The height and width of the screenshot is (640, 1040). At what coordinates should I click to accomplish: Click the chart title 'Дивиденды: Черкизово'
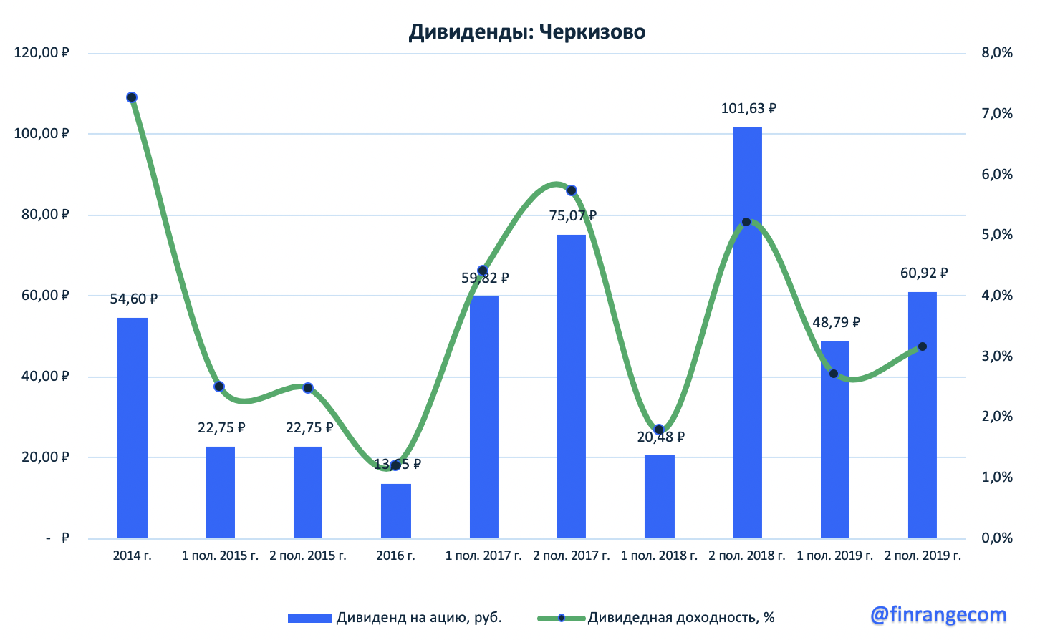click(526, 32)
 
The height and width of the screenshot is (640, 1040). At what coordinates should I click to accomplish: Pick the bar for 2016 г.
click(396, 511)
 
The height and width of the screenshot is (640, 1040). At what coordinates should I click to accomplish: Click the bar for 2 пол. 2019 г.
click(922, 415)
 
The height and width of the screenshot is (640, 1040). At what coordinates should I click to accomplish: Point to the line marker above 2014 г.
click(132, 97)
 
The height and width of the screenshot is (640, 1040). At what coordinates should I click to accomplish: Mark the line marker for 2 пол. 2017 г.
click(572, 190)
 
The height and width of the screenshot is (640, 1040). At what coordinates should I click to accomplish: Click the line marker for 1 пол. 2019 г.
click(834, 374)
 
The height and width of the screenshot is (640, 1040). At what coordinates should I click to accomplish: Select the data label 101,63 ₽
click(748, 109)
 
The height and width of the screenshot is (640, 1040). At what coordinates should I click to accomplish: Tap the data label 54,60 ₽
click(133, 299)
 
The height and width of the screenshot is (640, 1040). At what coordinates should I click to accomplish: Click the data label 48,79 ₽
click(836, 323)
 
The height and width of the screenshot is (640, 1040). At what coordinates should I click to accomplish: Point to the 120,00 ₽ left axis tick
click(42, 53)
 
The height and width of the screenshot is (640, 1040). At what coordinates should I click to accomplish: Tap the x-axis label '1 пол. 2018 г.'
click(659, 556)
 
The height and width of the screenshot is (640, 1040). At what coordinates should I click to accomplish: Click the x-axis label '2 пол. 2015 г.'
click(308, 556)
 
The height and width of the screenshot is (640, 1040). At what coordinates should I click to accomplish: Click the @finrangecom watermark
click(938, 614)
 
